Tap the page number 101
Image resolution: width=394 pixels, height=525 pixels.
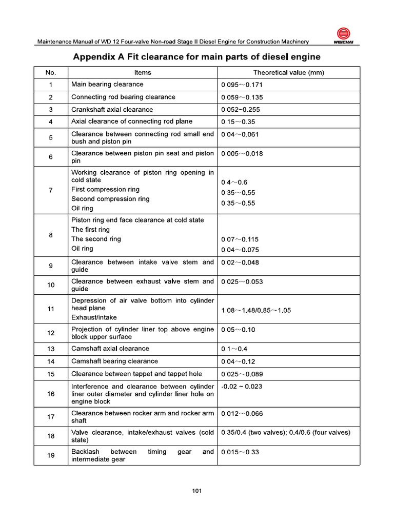click(x=197, y=491)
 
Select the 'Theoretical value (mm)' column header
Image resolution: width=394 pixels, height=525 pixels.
click(x=288, y=72)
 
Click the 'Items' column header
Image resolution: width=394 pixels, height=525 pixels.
click(x=143, y=72)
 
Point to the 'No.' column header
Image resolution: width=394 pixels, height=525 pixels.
click(x=51, y=72)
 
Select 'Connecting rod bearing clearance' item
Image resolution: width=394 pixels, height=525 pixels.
click(x=123, y=97)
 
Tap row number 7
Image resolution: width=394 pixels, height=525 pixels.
click(x=51, y=190)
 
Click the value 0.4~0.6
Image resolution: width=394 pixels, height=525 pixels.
click(x=234, y=183)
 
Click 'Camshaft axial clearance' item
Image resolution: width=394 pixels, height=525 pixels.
click(x=110, y=349)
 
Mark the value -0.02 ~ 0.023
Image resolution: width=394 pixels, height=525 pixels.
click(x=242, y=387)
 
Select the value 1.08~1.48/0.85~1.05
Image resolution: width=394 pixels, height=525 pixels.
click(x=256, y=311)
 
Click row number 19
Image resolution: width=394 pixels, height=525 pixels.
click(x=51, y=456)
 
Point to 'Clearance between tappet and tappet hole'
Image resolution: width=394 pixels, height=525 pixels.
click(x=136, y=374)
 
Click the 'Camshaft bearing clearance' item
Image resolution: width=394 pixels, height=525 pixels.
click(x=114, y=361)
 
